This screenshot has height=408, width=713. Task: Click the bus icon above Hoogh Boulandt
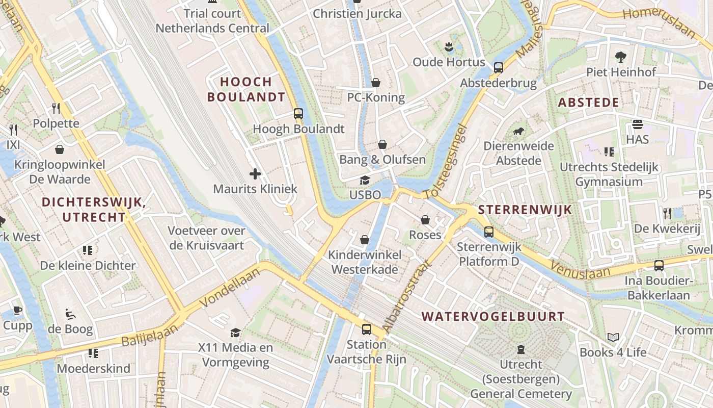(x=298, y=114)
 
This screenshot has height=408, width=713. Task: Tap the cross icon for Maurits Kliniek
(x=255, y=174)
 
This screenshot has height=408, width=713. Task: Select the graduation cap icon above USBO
(x=365, y=180)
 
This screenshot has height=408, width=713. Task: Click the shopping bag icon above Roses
(x=425, y=220)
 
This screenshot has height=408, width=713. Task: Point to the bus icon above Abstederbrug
(x=499, y=67)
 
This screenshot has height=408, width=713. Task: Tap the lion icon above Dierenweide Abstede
(x=518, y=132)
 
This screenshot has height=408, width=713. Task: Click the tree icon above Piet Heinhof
(x=621, y=57)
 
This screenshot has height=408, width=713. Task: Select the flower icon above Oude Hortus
(x=449, y=47)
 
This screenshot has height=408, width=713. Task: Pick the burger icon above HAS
(x=637, y=124)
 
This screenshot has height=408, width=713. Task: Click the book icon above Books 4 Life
(x=613, y=338)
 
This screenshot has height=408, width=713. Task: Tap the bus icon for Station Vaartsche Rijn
(x=367, y=329)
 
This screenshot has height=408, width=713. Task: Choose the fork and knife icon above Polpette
(x=56, y=108)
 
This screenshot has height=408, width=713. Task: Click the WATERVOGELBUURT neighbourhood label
(x=493, y=317)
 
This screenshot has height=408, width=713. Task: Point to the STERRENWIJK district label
(x=525, y=210)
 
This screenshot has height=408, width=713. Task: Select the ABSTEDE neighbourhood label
(x=588, y=103)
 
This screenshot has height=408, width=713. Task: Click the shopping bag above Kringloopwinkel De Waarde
(x=60, y=149)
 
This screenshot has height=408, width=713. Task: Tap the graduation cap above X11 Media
(x=235, y=333)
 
